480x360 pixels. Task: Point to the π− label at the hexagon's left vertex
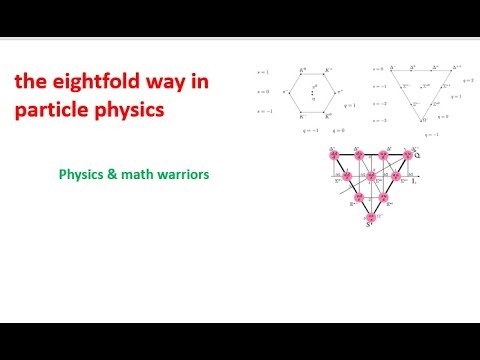point(286,93)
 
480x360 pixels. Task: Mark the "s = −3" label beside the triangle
point(378,120)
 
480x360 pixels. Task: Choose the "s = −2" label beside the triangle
point(378,103)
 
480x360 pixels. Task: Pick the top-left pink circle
point(333,157)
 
